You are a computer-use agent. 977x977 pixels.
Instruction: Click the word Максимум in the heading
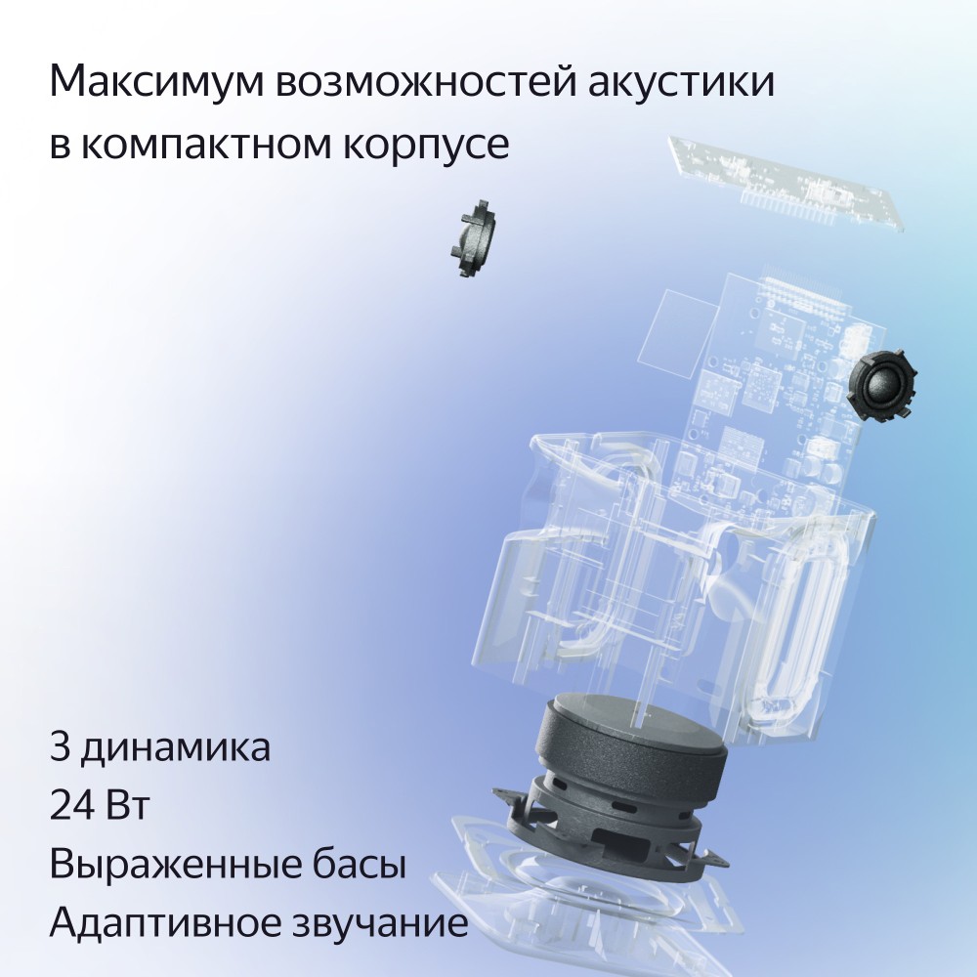coord(152,83)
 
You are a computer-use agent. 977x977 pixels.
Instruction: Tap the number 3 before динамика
coord(59,749)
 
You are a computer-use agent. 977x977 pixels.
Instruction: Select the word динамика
coord(176,749)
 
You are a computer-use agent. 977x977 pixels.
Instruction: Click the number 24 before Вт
coord(71,808)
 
